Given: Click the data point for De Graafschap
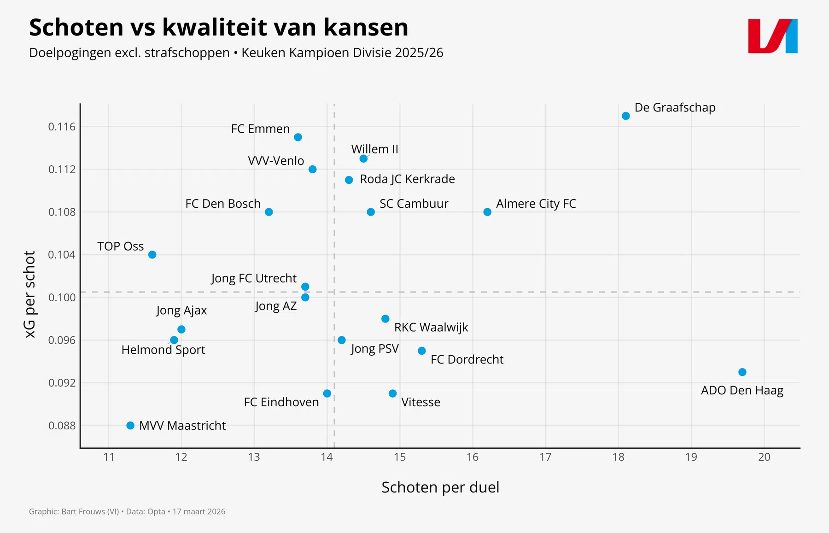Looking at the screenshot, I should coord(625,116).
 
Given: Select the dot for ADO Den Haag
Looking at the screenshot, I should coord(742,372).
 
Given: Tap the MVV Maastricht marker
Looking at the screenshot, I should coord(130,425).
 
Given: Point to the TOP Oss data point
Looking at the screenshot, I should coord(152,254).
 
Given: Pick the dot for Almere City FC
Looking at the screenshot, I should coord(487,212).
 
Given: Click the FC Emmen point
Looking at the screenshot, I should coord(298,137).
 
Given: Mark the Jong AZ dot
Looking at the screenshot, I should coord(305,297).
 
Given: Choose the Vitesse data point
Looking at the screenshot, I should coord(392,393).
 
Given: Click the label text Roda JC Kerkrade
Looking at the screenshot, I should coord(407,179).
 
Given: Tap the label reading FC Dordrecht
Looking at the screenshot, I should coord(467,359).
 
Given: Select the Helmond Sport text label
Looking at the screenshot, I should coord(163,350).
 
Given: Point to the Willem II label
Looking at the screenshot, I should coord(374,149).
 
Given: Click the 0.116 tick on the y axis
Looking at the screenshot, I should coord(62,127).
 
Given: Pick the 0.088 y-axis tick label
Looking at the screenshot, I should coord(62,425).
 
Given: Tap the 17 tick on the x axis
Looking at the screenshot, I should coord(545,457).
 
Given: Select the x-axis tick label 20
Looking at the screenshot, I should coord(764,457).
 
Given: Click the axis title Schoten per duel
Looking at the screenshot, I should coord(440,487).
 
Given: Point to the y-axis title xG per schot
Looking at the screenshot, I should coord(30,294).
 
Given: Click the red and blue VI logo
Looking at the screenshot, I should coord(772,36).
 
